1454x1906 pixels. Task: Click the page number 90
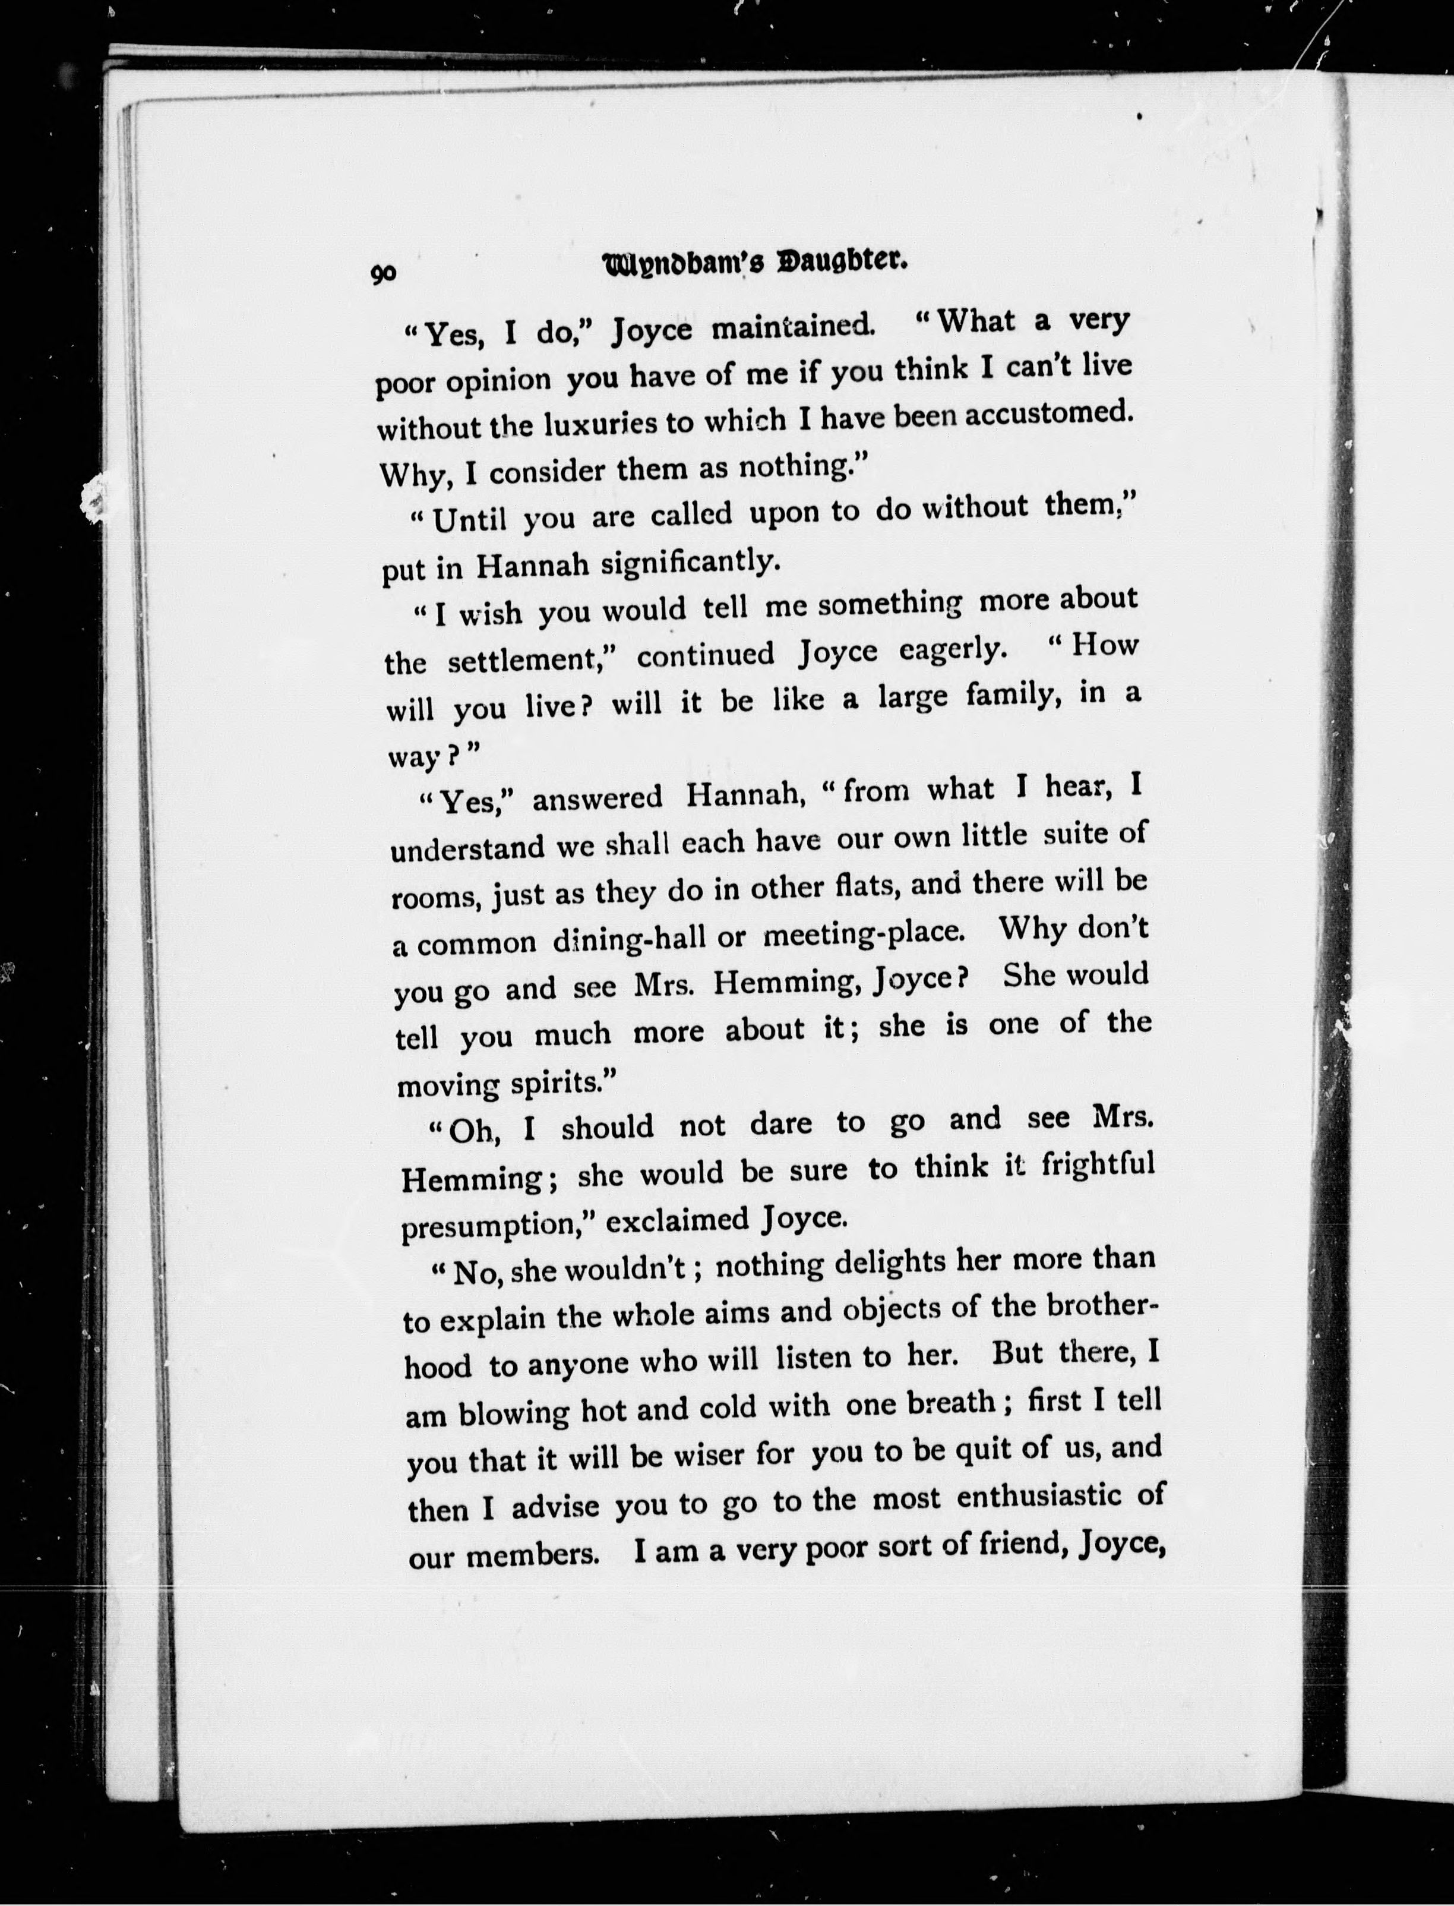click(384, 273)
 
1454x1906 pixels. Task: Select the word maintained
click(793, 328)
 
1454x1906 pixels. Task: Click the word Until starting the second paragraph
click(469, 520)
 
